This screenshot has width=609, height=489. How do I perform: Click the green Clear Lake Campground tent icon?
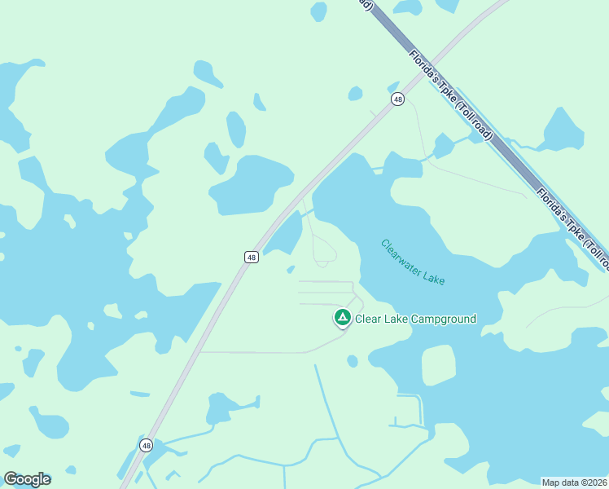pyautogui.click(x=343, y=316)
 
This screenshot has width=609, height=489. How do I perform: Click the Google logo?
pyautogui.click(x=27, y=479)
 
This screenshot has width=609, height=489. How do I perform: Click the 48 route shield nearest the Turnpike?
pyautogui.click(x=397, y=99)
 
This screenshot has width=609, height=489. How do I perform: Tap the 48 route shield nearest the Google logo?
pyautogui.click(x=146, y=445)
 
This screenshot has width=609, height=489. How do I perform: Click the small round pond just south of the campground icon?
pyautogui.click(x=352, y=361)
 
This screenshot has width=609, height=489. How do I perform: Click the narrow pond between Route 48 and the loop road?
pyautogui.click(x=285, y=233)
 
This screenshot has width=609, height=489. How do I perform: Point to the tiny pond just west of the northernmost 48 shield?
pyautogui.click(x=355, y=94)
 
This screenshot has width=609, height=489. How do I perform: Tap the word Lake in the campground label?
pyautogui.click(x=397, y=319)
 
